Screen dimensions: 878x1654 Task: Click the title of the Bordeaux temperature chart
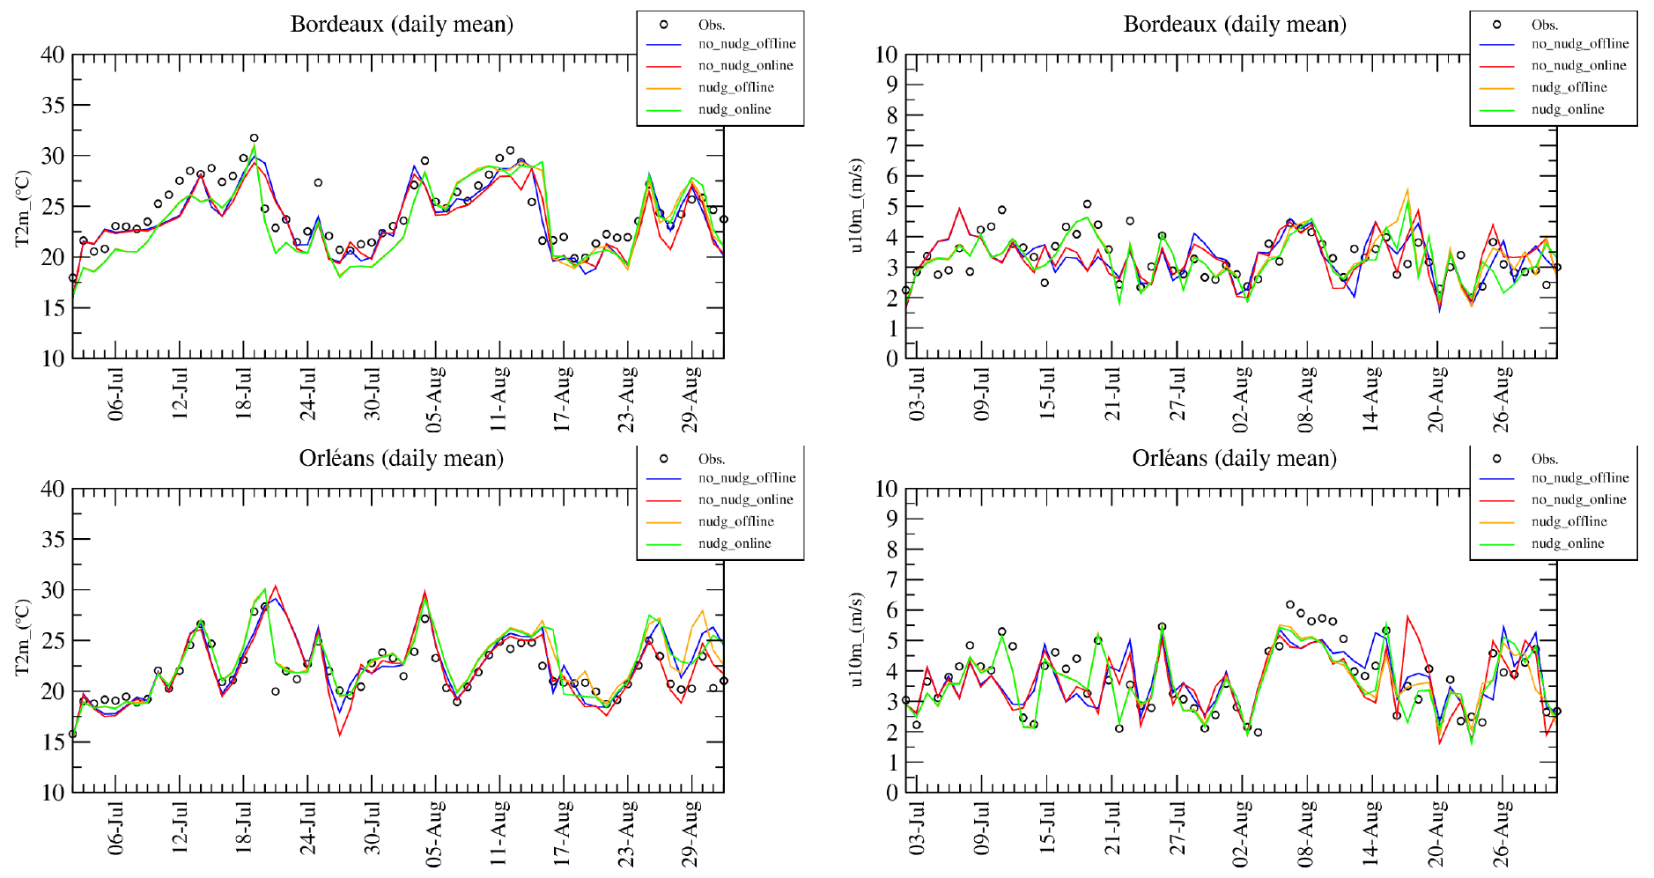pyautogui.click(x=402, y=24)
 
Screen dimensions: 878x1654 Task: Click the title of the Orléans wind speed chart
pyautogui.click(x=1234, y=458)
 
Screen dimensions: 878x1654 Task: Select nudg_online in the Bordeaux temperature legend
pyautogui.click(x=735, y=109)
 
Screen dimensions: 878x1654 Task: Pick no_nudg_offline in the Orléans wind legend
pyautogui.click(x=1580, y=477)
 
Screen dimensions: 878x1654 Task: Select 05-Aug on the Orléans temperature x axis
pyautogui.click(x=435, y=829)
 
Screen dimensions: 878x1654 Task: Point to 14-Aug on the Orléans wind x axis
pyautogui.click(x=1371, y=829)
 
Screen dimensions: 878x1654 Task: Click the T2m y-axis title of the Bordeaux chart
pyautogui.click(x=23, y=209)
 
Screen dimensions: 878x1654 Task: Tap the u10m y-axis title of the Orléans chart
pyautogui.click(x=856, y=640)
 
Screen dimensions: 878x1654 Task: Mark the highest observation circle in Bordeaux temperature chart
pyautogui.click(x=254, y=138)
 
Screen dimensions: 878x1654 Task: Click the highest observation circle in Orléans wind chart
pyautogui.click(x=1290, y=605)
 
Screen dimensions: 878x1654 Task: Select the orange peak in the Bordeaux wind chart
pyautogui.click(x=1407, y=189)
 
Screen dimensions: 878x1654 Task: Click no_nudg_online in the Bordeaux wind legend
pyautogui.click(x=1578, y=65)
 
